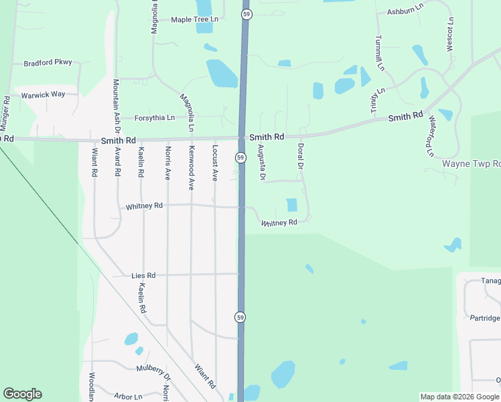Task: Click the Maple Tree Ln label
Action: (194, 20)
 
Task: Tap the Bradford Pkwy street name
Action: (47, 64)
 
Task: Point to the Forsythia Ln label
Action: (154, 118)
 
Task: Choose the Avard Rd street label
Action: (117, 161)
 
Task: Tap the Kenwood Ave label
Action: (191, 167)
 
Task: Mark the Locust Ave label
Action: (215, 163)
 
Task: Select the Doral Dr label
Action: (301, 156)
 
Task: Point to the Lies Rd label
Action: (143, 275)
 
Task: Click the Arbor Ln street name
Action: (128, 397)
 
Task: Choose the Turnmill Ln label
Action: (379, 53)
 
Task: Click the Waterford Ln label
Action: (431, 136)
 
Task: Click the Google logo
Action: (22, 394)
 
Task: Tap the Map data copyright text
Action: (459, 397)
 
